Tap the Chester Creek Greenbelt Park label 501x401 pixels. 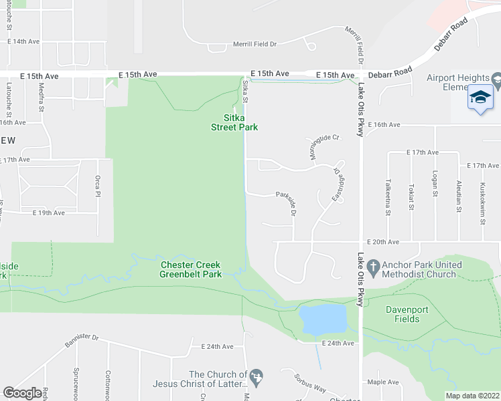click(x=190, y=269)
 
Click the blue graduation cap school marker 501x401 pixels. click(x=480, y=98)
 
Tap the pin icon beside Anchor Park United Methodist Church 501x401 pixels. click(x=375, y=265)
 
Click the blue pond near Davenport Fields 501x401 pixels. click(x=323, y=319)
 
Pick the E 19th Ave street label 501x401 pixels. click(x=48, y=213)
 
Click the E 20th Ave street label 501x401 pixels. click(x=382, y=242)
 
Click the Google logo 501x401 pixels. click(x=22, y=393)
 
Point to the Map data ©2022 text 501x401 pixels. click(x=472, y=396)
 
